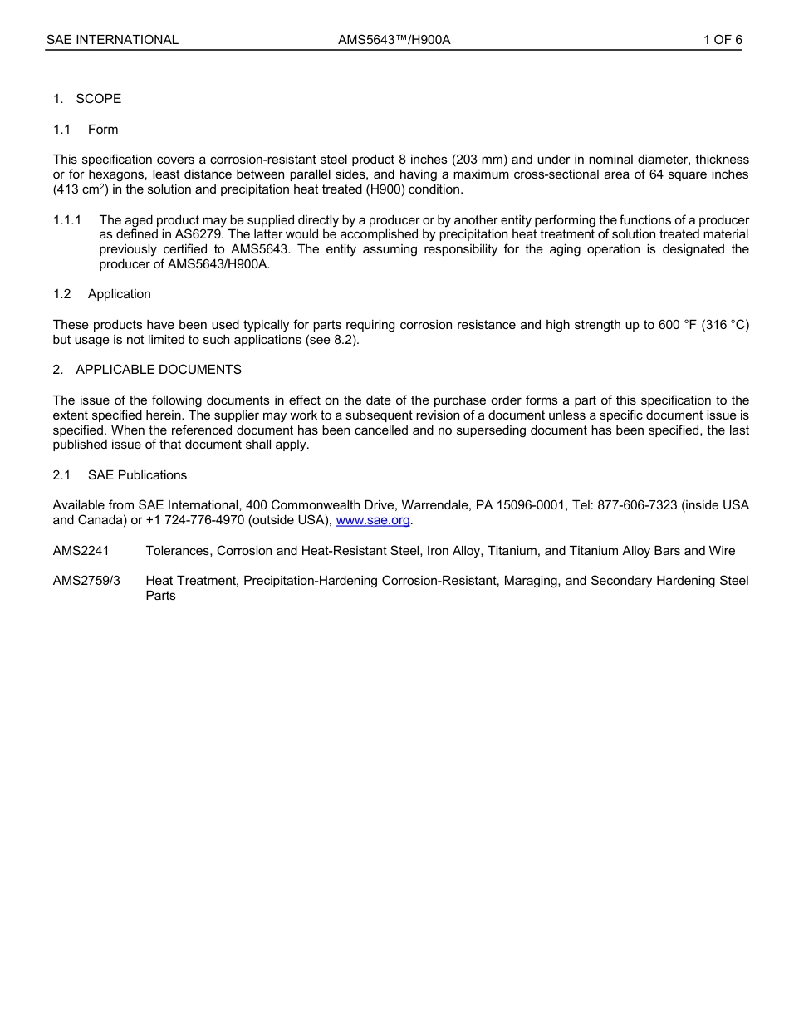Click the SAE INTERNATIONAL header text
click(112, 40)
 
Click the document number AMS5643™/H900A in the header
click(394, 40)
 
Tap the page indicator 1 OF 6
click(723, 40)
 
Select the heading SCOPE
click(98, 99)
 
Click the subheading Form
click(103, 130)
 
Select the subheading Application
click(119, 294)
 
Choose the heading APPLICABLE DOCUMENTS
click(159, 370)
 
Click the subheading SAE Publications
click(137, 475)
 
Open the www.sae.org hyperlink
click(373, 521)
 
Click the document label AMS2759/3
click(86, 581)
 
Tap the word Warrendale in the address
click(436, 505)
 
